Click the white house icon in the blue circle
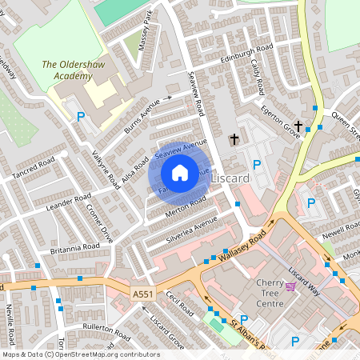180,173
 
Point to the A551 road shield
142,295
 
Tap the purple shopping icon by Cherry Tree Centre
290,286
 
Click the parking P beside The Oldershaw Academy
80,117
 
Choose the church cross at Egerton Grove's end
298,126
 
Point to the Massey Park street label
145,32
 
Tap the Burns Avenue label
147,115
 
